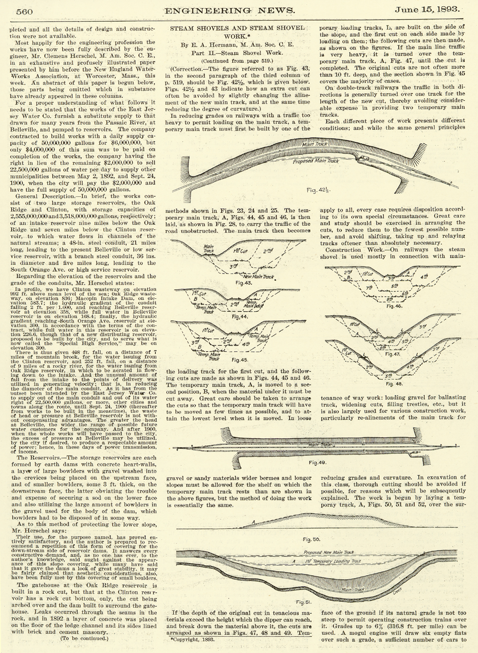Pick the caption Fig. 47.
coord(392,354)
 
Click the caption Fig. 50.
coord(314,539)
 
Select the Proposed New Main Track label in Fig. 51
coord(329,552)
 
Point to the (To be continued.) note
coord(83,637)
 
